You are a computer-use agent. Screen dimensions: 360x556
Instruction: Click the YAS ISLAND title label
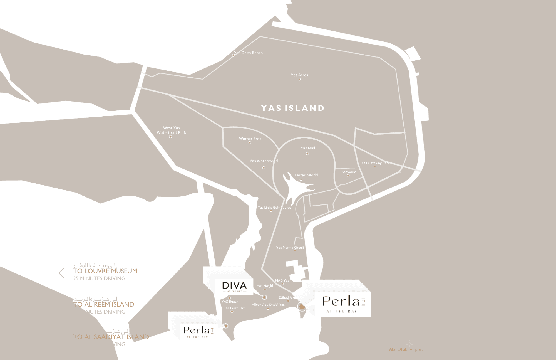(x=293, y=108)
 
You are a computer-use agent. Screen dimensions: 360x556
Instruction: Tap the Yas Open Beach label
(x=249, y=53)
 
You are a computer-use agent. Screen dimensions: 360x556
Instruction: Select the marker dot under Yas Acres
(x=299, y=79)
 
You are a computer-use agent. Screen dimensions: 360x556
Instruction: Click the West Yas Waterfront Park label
(x=171, y=130)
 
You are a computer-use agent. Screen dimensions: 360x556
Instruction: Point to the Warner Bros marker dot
(x=250, y=143)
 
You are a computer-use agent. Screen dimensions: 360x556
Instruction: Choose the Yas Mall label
(x=308, y=148)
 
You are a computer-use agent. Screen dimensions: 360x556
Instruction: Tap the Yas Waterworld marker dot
(x=264, y=168)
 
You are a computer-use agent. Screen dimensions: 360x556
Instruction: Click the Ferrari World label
(x=306, y=175)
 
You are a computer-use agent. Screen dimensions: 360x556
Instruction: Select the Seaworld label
(x=349, y=172)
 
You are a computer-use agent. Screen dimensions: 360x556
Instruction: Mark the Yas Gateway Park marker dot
(x=375, y=167)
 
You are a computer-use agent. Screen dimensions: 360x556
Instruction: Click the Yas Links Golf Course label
(x=274, y=207)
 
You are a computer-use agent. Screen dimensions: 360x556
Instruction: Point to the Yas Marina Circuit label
(x=290, y=248)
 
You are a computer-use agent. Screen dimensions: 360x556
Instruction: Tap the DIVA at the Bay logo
(x=234, y=286)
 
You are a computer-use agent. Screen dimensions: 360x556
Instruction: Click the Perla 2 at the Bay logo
(x=343, y=304)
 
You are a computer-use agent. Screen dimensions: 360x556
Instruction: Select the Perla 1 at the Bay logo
(x=198, y=332)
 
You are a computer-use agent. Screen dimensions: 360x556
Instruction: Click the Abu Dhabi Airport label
(x=406, y=349)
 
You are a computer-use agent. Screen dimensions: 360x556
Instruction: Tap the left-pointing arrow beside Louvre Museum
(x=62, y=273)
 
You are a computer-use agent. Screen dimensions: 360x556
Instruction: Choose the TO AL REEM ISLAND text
(x=104, y=304)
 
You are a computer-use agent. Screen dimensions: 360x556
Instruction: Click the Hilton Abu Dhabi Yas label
(x=268, y=305)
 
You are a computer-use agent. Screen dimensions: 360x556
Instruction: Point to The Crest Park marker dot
(x=232, y=312)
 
